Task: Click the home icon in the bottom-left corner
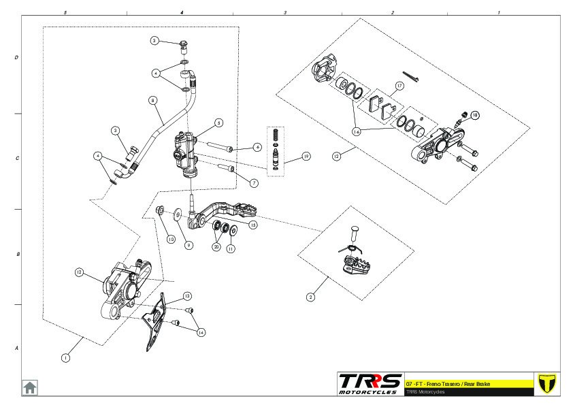coord(30,387)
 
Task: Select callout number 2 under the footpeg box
coord(311,297)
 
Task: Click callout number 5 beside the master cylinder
coord(218,123)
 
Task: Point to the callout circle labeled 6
coord(257,147)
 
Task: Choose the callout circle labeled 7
coord(254,183)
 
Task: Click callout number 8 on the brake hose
coord(152,100)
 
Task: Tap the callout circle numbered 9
coord(189,245)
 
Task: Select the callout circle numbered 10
coord(171,239)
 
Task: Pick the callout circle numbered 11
coord(231,249)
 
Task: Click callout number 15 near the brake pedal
coord(253,224)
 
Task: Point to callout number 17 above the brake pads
coord(399,85)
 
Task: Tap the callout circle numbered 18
coord(474,115)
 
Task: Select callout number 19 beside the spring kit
coord(306,156)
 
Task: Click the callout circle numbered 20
coord(216,246)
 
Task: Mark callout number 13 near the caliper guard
coord(186,296)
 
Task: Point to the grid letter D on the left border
coord(16,58)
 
